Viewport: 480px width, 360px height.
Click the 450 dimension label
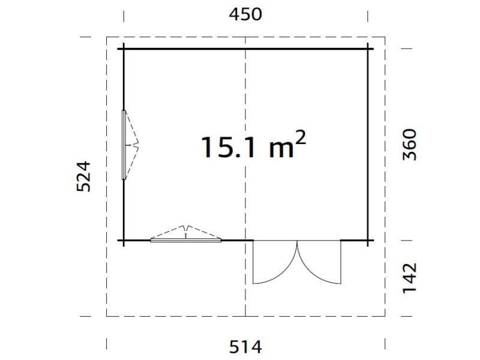pos(245,14)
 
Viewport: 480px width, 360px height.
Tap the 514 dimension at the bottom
pos(245,347)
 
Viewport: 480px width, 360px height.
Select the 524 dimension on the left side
pos(83,176)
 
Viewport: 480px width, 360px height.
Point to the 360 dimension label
pos(409,144)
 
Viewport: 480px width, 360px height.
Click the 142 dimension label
pos(409,278)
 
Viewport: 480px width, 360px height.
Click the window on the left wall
pos(124,144)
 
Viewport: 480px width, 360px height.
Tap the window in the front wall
pos(186,240)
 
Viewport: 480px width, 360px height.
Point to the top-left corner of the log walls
pos(124,49)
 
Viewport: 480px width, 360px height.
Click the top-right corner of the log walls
pos(368,49)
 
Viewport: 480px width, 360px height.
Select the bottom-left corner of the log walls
pos(124,240)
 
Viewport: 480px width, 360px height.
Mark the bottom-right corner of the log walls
pos(368,240)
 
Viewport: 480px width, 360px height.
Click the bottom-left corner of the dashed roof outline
pos(107,316)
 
